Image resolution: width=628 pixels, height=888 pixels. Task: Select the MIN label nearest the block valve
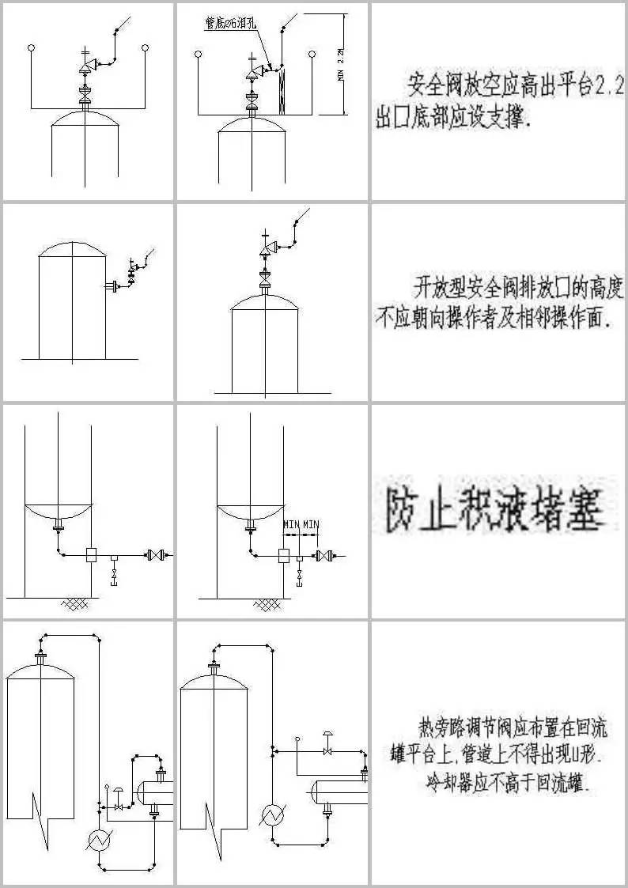point(311,524)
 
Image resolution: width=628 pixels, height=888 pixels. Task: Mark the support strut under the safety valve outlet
point(283,91)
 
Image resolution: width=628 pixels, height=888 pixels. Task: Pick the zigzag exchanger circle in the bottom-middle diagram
point(274,815)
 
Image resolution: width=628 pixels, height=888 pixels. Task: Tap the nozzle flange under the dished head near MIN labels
point(252,525)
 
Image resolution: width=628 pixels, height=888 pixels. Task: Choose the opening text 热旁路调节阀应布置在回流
point(513,724)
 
